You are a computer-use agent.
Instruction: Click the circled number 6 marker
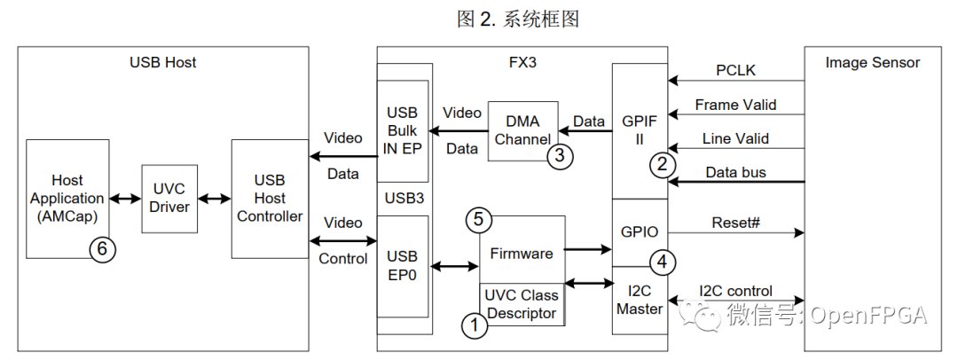pos(102,250)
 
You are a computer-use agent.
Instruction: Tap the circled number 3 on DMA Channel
pos(560,156)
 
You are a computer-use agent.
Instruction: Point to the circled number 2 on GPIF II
pos(659,164)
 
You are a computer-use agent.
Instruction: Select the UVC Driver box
pos(169,199)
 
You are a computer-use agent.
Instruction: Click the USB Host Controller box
pos(270,199)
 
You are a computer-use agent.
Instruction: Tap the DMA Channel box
pos(522,130)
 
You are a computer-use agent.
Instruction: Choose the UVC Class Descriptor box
pos(522,305)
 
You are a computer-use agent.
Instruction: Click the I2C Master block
pos(639,301)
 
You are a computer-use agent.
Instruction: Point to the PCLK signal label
pos(735,70)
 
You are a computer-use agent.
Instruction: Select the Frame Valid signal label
pos(735,105)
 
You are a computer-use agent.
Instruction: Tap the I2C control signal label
pos(735,290)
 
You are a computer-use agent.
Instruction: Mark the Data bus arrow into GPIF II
pos(735,182)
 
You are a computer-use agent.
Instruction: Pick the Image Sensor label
pos(872,62)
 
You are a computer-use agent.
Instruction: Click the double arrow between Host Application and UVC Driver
pos(123,199)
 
